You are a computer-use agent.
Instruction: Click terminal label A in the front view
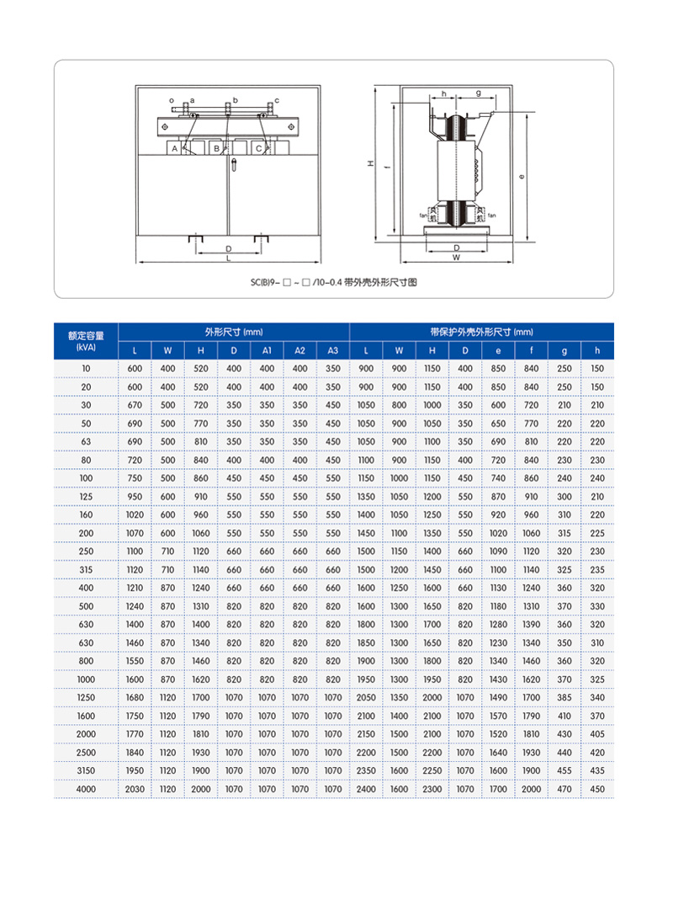point(174,148)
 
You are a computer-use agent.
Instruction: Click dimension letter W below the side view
point(455,258)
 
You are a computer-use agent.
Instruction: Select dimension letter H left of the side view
point(370,165)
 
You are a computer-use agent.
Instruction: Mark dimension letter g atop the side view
point(478,93)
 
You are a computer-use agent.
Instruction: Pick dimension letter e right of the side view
point(523,178)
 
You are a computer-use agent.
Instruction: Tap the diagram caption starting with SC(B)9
point(333,283)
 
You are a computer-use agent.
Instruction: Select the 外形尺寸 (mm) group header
point(233,332)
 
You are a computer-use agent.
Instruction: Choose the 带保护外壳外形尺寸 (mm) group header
point(480,332)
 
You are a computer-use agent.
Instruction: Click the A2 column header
point(299,350)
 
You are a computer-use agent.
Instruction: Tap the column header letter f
point(531,350)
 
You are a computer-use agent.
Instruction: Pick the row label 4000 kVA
point(86,789)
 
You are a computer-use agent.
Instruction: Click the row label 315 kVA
point(86,570)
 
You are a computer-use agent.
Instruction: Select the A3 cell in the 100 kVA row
point(333,478)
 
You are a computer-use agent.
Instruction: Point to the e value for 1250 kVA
point(498,698)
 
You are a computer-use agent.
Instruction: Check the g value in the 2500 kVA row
point(564,753)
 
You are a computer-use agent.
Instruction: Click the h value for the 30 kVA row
point(597,406)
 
